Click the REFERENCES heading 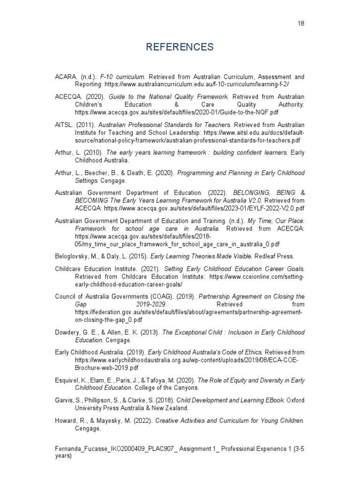[x=180, y=47]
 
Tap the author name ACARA [x=64, y=76]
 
